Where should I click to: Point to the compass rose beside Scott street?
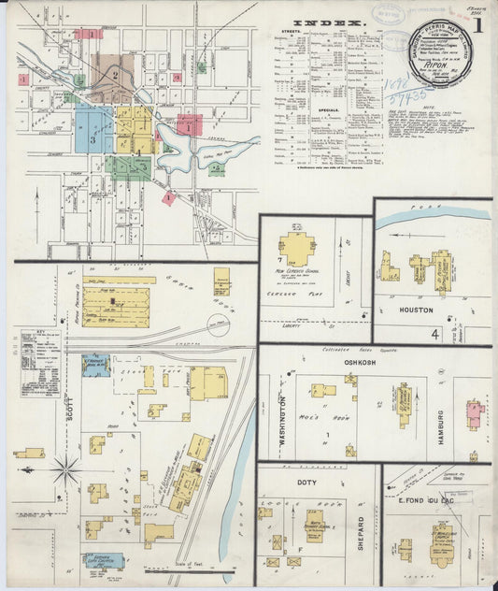tap(65, 470)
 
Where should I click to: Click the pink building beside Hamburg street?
tap(473, 411)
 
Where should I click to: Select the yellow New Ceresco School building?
tap(297, 249)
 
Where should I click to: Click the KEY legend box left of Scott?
tap(40, 355)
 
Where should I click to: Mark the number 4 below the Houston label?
tap(434, 333)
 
